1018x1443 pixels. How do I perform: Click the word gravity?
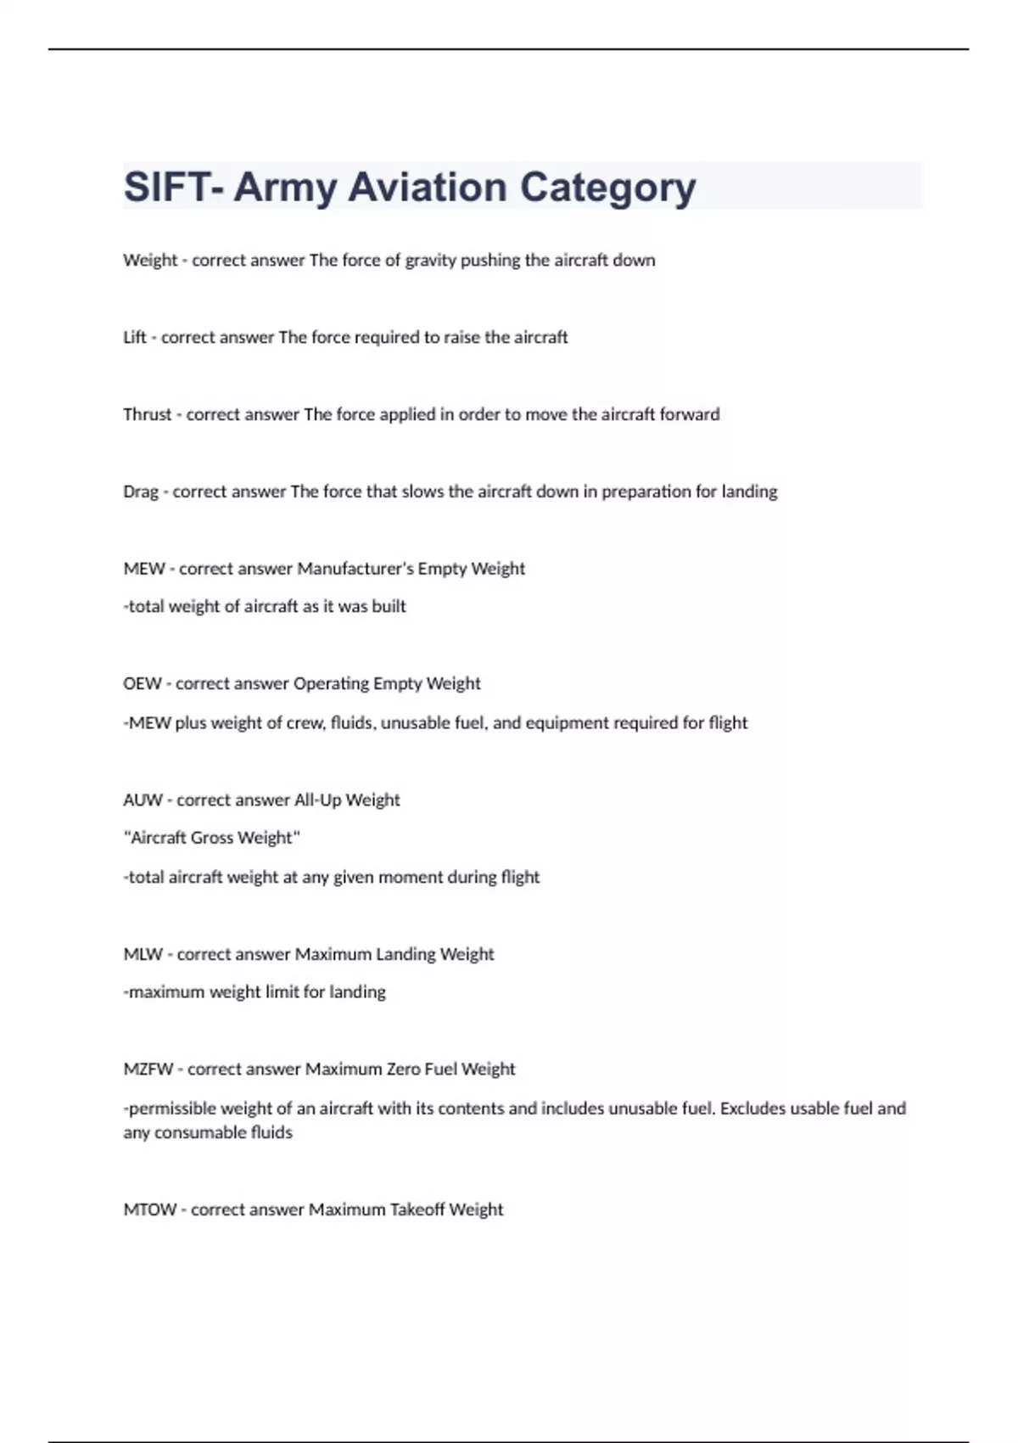[430, 261]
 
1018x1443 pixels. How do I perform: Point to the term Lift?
[134, 337]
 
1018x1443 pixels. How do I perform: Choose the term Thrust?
[147, 414]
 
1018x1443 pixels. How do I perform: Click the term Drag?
[140, 491]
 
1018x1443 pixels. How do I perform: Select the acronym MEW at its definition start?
[144, 569]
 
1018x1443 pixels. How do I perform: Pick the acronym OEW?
[143, 683]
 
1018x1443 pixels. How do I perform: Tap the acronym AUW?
[143, 800]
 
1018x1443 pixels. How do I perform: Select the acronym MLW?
[143, 954]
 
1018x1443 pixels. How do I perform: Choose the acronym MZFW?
[148, 1070]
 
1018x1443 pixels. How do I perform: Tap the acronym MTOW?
[150, 1210]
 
